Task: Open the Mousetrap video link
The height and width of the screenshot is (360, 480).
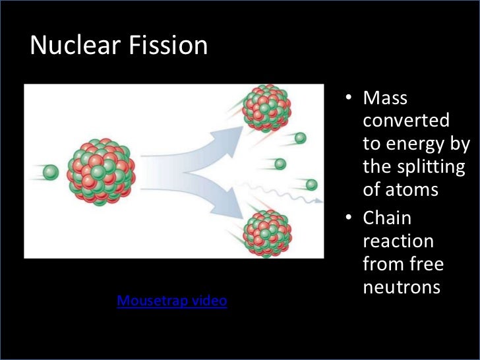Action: pyautogui.click(x=171, y=301)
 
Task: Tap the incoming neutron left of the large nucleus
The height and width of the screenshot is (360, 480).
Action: pyautogui.click(x=51, y=173)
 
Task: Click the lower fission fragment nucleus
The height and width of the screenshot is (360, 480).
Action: pyautogui.click(x=266, y=233)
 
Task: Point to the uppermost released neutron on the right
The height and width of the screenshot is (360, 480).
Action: pyautogui.click(x=301, y=138)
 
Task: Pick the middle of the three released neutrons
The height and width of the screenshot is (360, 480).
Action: pyautogui.click(x=280, y=164)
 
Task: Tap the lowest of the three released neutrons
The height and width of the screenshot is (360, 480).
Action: pyautogui.click(x=311, y=185)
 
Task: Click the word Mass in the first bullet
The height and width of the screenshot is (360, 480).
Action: pyautogui.click(x=386, y=99)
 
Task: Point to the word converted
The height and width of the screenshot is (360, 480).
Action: pyautogui.click(x=406, y=121)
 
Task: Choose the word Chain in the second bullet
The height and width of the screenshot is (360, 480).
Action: pyautogui.click(x=387, y=218)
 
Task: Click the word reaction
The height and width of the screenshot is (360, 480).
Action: pyautogui.click(x=398, y=241)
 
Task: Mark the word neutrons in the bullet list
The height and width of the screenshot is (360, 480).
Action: pyautogui.click(x=401, y=287)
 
